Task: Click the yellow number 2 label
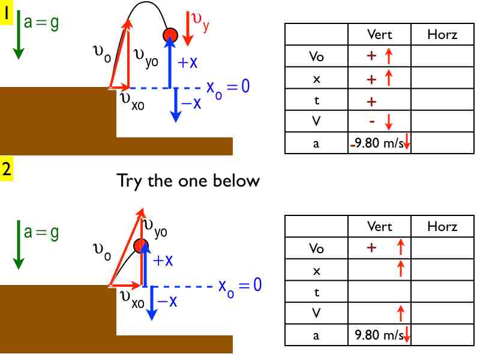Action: pyautogui.click(x=7, y=169)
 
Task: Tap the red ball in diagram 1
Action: pyautogui.click(x=170, y=35)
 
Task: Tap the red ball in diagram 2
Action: pyautogui.click(x=141, y=245)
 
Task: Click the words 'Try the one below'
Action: pyautogui.click(x=188, y=180)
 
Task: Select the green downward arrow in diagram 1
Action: pyautogui.click(x=18, y=36)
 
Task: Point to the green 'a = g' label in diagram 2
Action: pyautogui.click(x=41, y=232)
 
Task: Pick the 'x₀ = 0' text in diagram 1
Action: pyautogui.click(x=228, y=87)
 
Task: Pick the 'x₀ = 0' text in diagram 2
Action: pyautogui.click(x=240, y=285)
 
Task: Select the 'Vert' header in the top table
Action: pyautogui.click(x=379, y=34)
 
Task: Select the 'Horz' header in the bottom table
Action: pyautogui.click(x=442, y=226)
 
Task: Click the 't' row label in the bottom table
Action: pyautogui.click(x=316, y=292)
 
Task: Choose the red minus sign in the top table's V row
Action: pyautogui.click(x=371, y=121)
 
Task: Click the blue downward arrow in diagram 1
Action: pyautogui.click(x=175, y=105)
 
